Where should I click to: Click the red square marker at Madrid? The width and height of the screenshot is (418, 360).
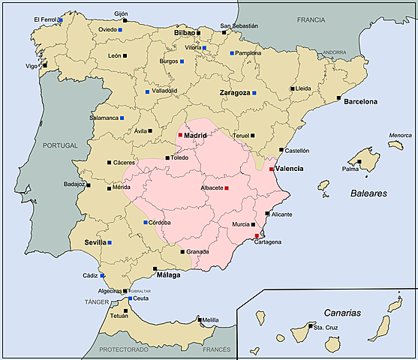pos(180,135)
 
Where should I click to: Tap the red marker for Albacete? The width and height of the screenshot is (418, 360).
pos(227,187)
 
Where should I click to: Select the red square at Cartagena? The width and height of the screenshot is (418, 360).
pos(257,235)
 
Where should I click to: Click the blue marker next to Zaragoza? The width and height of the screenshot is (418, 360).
pos(254,93)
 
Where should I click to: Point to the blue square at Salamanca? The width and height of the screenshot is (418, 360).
pos(122,118)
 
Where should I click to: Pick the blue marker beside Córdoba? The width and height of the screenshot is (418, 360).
pos(145,223)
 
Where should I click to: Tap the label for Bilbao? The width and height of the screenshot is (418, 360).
pos(184,34)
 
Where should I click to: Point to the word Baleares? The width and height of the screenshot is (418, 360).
pos(368,193)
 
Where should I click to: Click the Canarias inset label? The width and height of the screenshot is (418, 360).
pos(342,312)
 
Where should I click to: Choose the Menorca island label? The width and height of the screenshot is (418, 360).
pos(400,136)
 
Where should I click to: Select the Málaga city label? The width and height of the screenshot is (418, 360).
pos(169,275)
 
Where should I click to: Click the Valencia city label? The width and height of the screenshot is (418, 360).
pos(289,169)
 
